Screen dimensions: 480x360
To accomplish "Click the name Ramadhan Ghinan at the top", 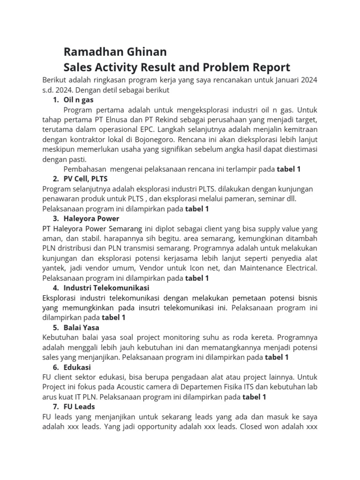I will click(115, 51).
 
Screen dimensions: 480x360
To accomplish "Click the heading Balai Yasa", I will click(81, 328).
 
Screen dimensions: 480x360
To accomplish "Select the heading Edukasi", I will click(77, 367).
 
